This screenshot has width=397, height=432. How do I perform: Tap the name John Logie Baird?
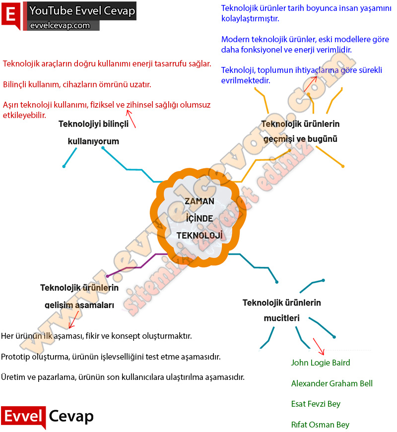tap(321, 363)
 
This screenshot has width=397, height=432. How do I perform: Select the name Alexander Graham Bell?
tap(331, 383)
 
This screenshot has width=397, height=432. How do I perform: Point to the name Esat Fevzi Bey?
tap(316, 404)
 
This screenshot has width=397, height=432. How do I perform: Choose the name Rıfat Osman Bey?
tap(320, 425)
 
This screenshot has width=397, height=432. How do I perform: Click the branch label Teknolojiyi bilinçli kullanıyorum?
tap(93, 132)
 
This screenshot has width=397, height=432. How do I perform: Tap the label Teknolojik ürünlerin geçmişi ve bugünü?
tap(300, 131)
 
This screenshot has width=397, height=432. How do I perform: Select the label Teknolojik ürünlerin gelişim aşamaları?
tap(79, 296)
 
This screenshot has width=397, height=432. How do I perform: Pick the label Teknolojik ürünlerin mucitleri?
tap(281, 310)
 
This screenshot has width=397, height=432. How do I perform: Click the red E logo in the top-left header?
tap(11, 14)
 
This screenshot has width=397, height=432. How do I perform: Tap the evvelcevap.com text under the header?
tap(60, 26)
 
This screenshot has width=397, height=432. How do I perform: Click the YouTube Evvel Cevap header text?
tap(82, 11)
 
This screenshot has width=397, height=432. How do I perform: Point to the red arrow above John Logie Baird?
tap(318, 346)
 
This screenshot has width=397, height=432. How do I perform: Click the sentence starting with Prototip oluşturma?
tap(111, 357)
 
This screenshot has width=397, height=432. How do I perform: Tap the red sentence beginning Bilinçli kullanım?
tap(77, 84)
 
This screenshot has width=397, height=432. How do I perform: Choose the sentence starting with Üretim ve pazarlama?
tap(123, 377)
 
